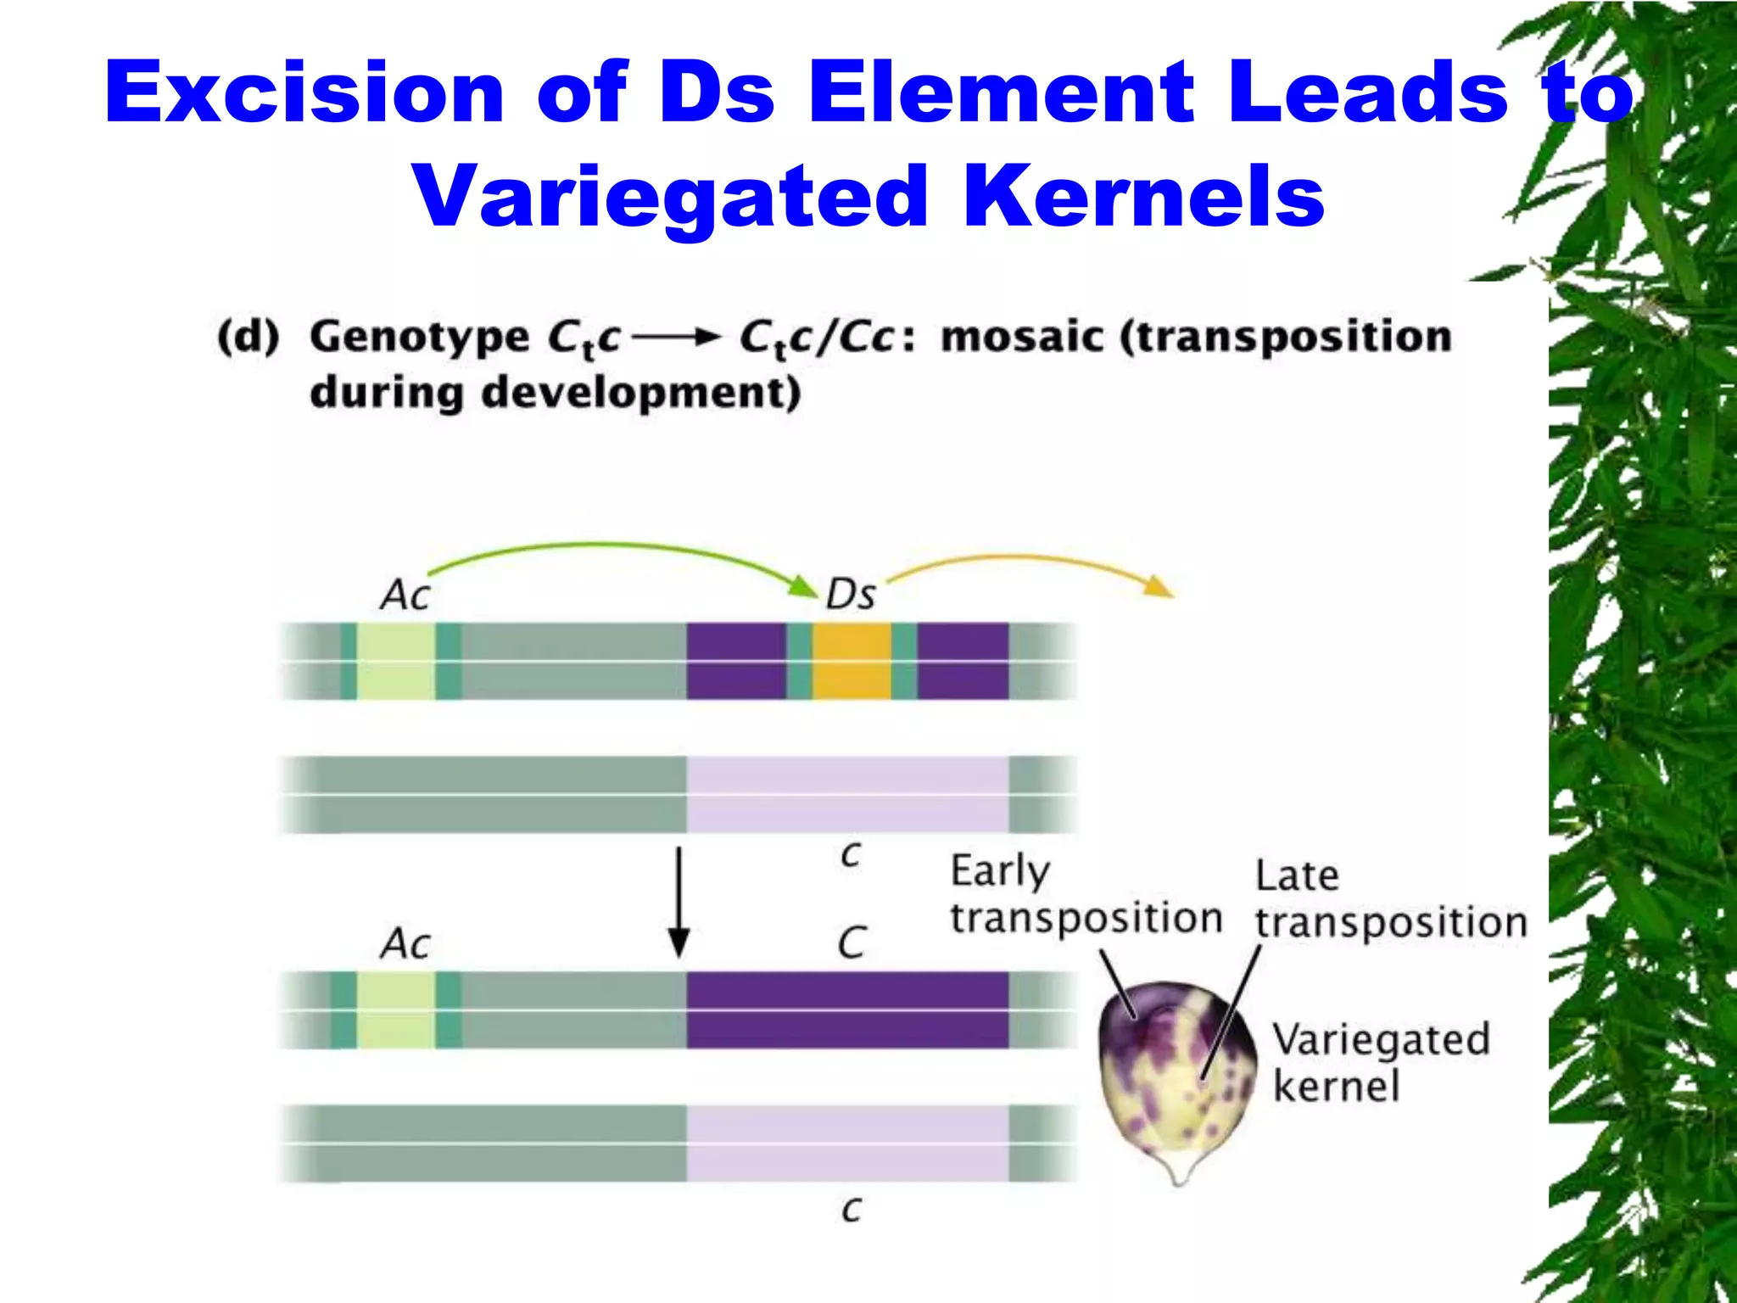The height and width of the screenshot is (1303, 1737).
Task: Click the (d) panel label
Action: pyautogui.click(x=248, y=337)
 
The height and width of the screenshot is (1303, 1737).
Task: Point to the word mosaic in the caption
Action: pyautogui.click(x=1023, y=337)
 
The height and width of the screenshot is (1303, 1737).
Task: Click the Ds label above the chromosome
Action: pyautogui.click(x=850, y=595)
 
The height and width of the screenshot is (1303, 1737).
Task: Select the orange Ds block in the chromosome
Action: pyautogui.click(x=852, y=661)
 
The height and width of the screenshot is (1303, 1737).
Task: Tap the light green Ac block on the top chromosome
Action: pyautogui.click(x=395, y=661)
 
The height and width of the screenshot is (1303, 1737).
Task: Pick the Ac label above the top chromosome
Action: pyautogui.click(x=405, y=595)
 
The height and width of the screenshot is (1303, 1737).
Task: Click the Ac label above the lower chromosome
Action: pyautogui.click(x=405, y=943)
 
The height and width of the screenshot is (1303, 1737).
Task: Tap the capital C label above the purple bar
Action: pyautogui.click(x=852, y=943)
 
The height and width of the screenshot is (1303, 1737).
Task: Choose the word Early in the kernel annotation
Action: pyautogui.click(x=1000, y=871)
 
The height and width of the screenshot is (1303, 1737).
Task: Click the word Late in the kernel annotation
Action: pyautogui.click(x=1297, y=876)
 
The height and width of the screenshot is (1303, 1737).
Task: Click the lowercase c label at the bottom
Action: pyautogui.click(x=852, y=1208)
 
